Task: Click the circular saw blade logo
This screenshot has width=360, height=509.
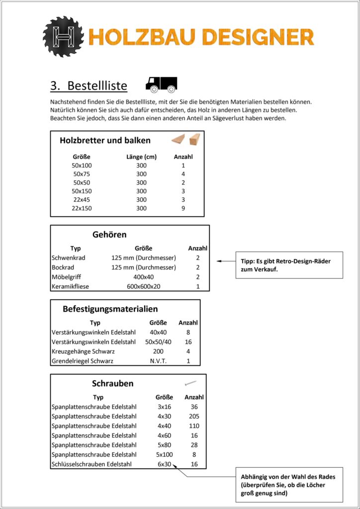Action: (x=63, y=36)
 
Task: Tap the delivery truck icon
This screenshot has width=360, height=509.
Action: (x=161, y=85)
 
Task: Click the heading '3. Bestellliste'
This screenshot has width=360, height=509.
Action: (x=89, y=85)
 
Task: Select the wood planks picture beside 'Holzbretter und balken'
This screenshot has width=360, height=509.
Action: (x=186, y=140)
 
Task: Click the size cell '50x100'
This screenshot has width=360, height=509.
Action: (x=82, y=166)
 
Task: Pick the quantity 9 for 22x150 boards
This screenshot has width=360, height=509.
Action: (x=183, y=208)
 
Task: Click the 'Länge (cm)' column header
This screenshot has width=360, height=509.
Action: (x=142, y=157)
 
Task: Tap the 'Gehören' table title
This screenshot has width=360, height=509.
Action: (x=109, y=235)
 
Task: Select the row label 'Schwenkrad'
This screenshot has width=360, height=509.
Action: (x=68, y=258)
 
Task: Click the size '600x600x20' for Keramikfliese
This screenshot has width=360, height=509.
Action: (x=143, y=287)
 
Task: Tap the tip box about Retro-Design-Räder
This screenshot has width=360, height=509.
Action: (x=289, y=265)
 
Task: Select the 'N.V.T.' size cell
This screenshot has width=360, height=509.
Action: (x=158, y=361)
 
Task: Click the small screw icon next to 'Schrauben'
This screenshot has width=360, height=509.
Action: (x=190, y=383)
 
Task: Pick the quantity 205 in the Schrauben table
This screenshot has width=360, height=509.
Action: (x=194, y=416)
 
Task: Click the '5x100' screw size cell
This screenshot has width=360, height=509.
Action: (x=165, y=454)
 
